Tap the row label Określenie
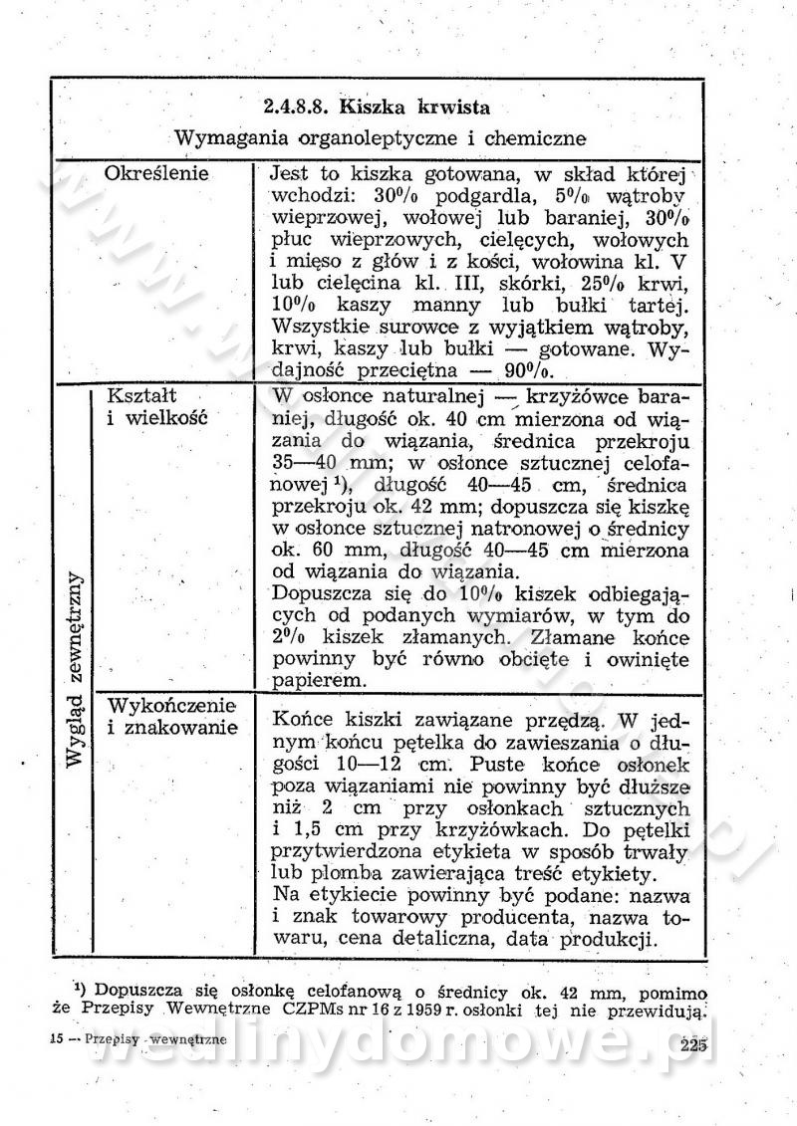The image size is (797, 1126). [156, 173]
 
